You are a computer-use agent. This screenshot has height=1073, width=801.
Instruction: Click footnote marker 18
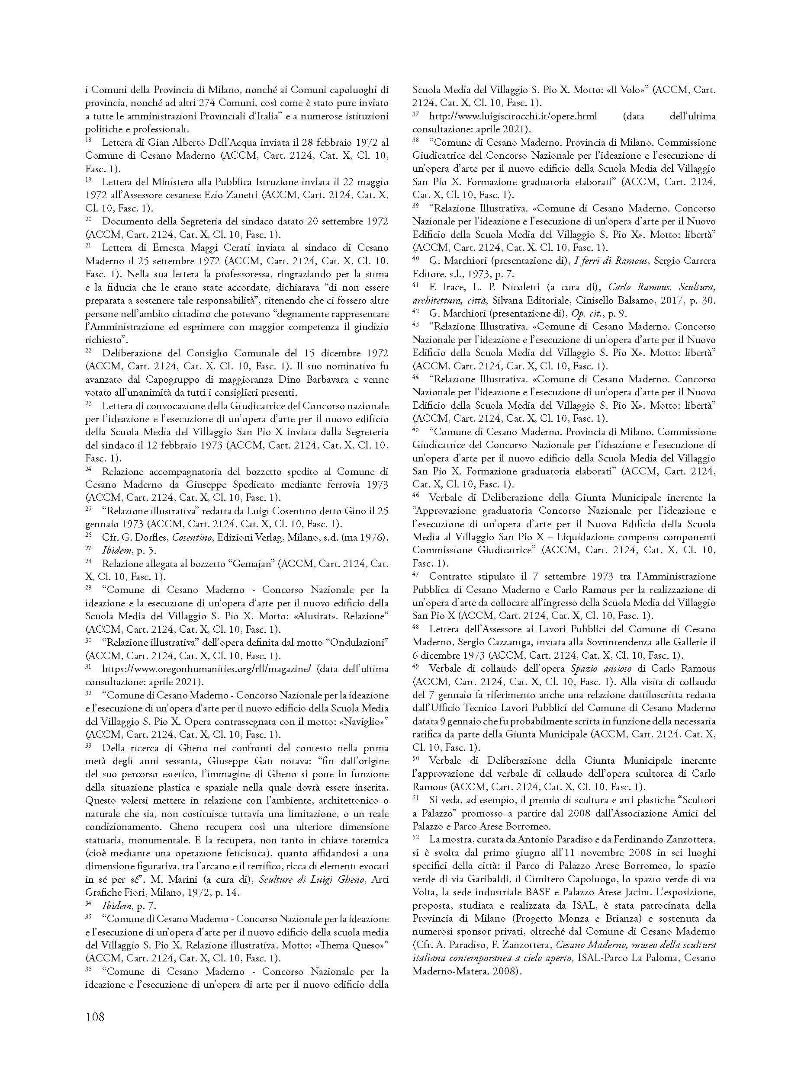pyautogui.click(x=88, y=140)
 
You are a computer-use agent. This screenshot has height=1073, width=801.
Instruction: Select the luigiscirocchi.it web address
pyautogui.click(x=513, y=116)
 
